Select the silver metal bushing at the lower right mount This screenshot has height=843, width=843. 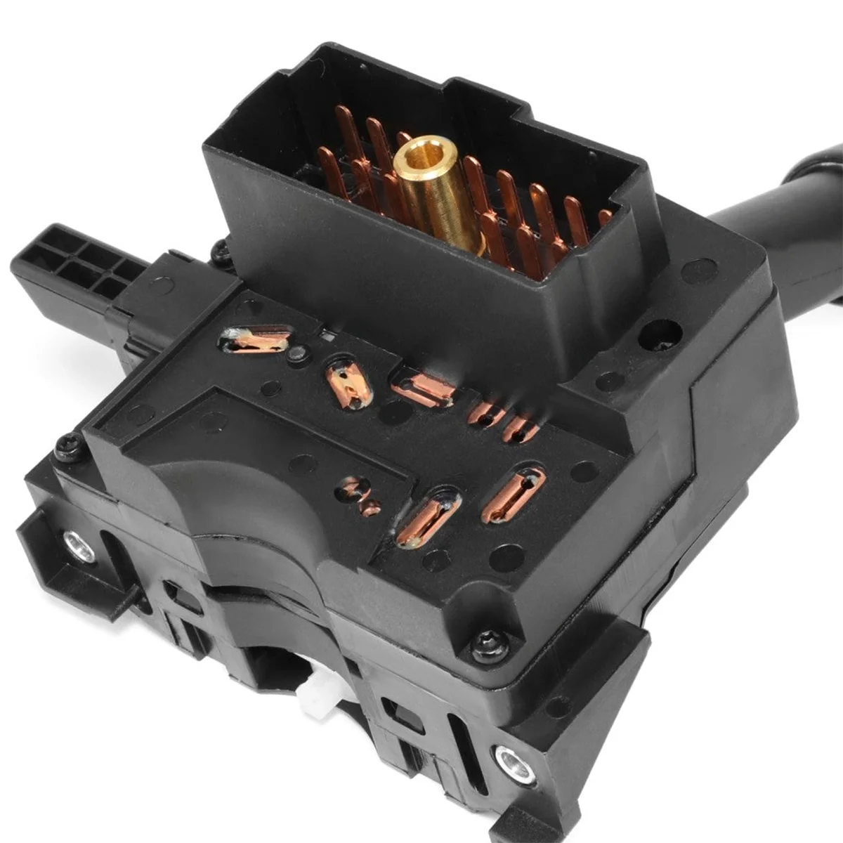(x=514, y=759)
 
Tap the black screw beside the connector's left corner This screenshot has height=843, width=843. (x=221, y=249)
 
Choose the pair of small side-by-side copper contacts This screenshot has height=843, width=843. (x=502, y=421)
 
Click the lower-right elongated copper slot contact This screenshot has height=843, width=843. (x=512, y=495)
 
